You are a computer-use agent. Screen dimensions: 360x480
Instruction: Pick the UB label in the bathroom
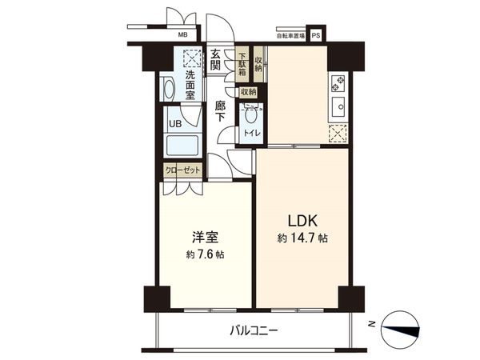click(x=173, y=124)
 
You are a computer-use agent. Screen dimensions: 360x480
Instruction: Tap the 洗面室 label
click(x=190, y=85)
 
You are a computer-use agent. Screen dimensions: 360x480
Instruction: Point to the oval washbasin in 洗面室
click(x=170, y=89)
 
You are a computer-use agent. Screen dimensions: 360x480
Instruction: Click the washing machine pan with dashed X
click(x=190, y=58)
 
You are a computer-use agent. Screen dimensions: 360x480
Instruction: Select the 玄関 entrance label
click(x=217, y=61)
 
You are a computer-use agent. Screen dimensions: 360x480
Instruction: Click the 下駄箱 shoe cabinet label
click(x=242, y=64)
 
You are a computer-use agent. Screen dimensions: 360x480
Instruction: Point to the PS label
click(x=315, y=35)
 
